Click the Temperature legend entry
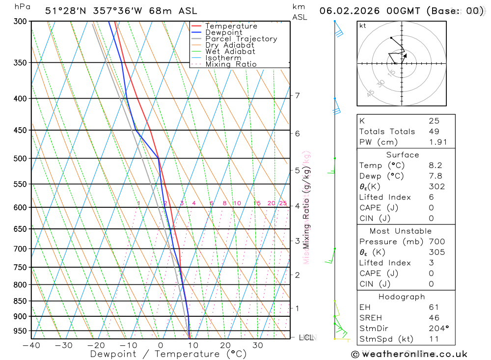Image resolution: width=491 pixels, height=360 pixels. click(231, 26)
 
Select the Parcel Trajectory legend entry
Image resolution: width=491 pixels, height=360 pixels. click(241, 39)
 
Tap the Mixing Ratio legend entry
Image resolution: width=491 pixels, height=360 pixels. click(231, 64)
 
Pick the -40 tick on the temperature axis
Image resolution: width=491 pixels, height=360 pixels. click(31, 345)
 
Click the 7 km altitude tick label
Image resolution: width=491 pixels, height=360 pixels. click(298, 95)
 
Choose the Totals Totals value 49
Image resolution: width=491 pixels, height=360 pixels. click(434, 132)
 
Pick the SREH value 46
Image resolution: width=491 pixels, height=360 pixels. click(434, 318)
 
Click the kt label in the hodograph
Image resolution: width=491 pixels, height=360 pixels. click(363, 26)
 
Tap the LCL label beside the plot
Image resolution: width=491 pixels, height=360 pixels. click(306, 337)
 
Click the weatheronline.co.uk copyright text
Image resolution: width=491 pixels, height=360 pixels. click(409, 354)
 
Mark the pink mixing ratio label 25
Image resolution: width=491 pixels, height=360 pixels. click(283, 203)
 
